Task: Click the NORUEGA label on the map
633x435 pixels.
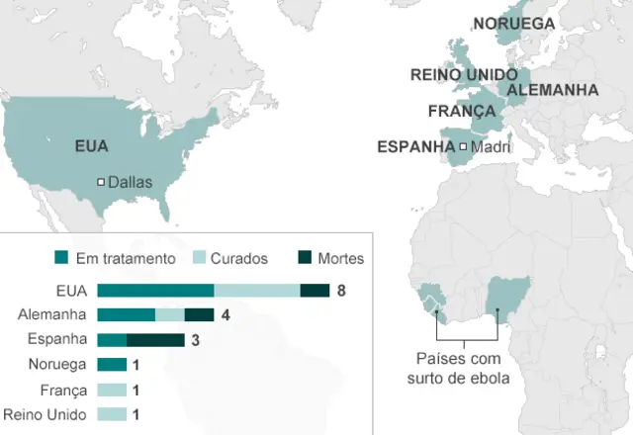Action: point(513,24)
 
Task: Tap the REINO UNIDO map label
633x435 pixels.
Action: point(464,74)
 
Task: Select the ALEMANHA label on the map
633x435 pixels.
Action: point(552,90)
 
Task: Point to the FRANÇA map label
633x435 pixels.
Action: point(461,111)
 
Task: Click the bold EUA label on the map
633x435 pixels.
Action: point(92,146)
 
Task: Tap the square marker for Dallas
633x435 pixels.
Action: point(100,181)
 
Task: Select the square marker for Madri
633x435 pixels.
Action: point(463,147)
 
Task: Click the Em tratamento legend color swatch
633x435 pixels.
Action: point(62,258)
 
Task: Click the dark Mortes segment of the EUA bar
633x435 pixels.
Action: point(315,290)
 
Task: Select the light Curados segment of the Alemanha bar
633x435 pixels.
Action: point(170,315)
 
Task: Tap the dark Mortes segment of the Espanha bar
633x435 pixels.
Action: point(155,340)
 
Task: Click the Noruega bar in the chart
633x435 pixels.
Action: point(112,365)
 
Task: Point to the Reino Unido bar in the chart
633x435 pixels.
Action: point(112,415)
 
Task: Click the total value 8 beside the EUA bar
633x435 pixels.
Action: point(341,290)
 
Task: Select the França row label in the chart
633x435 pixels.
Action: point(66,391)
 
